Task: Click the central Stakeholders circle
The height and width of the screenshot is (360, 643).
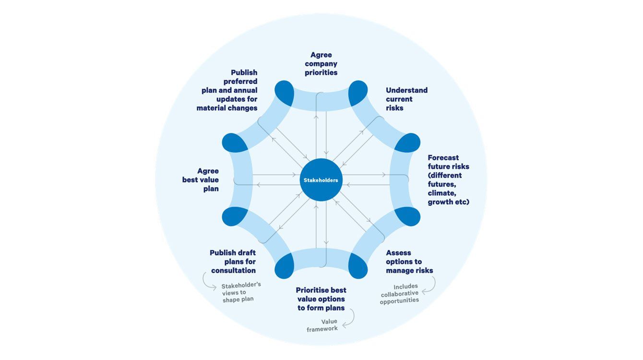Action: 321,180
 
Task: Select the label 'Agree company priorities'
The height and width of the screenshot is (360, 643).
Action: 321,64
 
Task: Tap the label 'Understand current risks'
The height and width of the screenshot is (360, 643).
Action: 406,99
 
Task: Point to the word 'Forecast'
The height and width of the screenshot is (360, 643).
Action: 443,157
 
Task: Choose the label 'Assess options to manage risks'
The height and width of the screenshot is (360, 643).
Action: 409,262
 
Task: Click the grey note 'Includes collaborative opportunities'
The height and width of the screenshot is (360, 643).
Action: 399,293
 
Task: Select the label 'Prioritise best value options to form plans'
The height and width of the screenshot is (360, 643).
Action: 321,299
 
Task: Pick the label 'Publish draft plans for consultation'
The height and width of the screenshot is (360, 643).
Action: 233,262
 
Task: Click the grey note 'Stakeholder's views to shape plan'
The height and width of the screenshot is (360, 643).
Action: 240,292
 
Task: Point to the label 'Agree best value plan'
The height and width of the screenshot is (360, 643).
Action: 201,180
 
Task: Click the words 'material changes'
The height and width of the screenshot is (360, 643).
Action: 226,108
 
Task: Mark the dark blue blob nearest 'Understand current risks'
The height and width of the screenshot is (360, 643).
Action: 358,93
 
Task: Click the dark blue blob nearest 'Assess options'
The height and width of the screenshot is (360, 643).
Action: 358,265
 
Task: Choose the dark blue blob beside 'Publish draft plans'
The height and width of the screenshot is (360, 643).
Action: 284,265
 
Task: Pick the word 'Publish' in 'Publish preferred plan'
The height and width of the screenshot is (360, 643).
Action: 244,72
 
